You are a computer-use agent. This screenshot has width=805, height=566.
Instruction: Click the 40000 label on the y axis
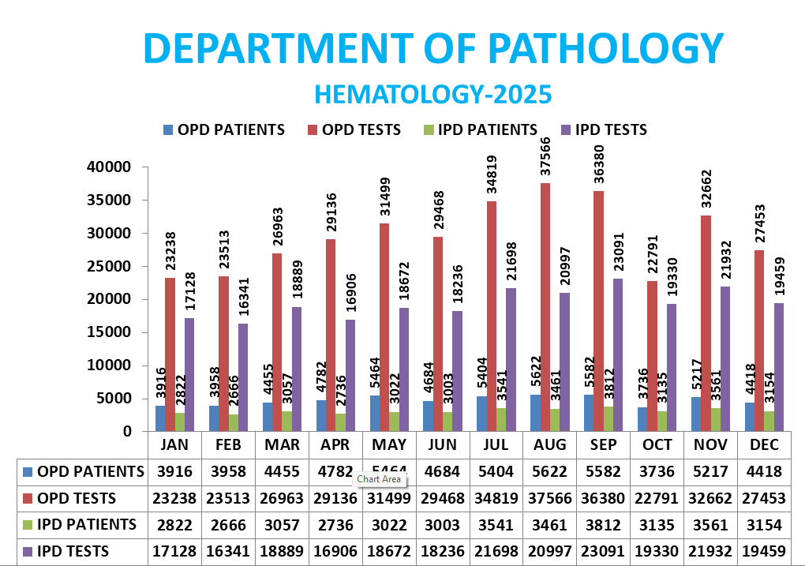pos(107,167)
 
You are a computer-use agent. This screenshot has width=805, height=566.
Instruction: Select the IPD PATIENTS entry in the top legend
pos(481,129)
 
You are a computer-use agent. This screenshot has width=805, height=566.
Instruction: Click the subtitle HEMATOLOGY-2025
pos(432,94)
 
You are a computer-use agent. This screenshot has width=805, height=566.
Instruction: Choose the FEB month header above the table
pos(227,445)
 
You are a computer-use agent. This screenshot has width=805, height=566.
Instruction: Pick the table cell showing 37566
pos(550,498)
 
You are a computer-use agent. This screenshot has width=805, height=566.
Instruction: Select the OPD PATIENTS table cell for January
pos(174,472)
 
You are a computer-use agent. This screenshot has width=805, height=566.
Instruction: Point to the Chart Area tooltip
pos(379,479)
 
